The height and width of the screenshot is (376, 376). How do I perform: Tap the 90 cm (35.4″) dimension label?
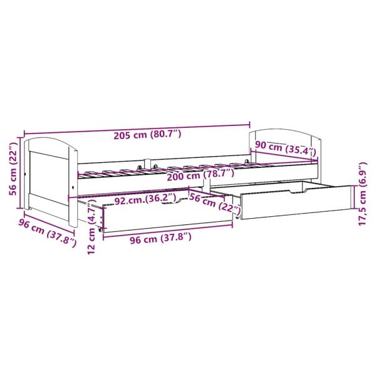click(x=286, y=149)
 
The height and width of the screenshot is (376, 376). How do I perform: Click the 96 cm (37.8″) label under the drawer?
click(x=149, y=237)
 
